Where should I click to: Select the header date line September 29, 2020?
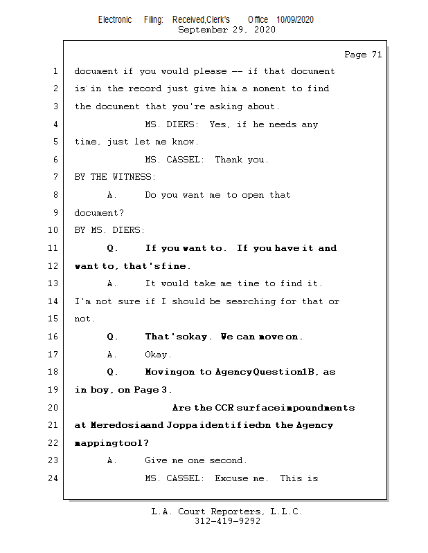point(226,30)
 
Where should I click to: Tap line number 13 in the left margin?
point(53,283)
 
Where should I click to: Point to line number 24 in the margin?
point(53,478)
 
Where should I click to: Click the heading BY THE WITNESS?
point(115,177)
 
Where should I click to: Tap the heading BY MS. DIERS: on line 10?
point(109,230)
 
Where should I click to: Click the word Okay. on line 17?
point(157,355)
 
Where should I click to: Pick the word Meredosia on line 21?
point(127,425)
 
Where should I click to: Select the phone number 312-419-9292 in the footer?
point(227,521)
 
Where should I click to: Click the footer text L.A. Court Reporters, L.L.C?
point(226,512)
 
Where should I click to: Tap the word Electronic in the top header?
point(114,20)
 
